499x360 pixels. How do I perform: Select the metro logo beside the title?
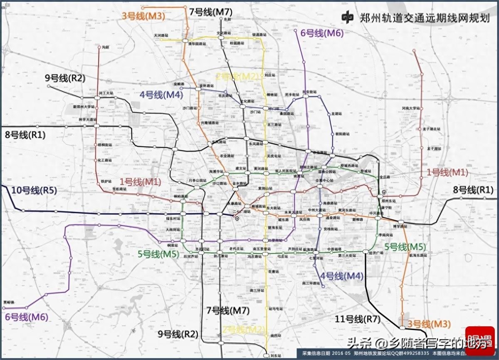click(348, 17)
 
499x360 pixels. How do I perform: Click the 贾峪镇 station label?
click(9, 302)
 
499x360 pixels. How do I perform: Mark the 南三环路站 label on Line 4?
click(311, 283)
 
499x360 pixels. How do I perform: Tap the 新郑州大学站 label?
click(84, 107)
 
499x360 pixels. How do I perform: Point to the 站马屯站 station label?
click(276, 309)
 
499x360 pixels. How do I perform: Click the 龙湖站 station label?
click(336, 114)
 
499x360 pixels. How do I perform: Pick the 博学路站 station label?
click(400, 226)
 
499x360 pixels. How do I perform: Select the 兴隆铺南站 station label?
click(210, 123)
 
